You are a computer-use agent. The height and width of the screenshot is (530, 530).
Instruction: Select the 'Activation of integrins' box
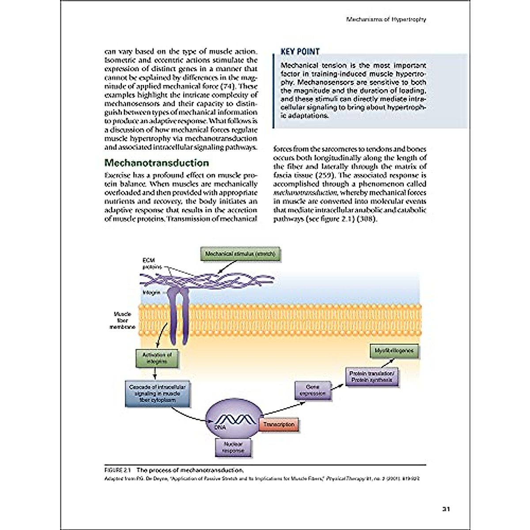tap(157, 358)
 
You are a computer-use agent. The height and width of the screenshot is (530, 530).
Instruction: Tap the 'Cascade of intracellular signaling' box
tap(157, 393)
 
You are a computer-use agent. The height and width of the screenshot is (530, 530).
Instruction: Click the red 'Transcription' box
tap(279, 424)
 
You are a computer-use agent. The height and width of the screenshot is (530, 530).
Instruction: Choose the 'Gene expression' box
tap(312, 390)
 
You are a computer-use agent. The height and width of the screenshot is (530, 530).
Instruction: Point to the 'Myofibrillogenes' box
tap(394, 351)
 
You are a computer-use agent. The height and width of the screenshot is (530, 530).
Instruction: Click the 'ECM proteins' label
tap(149, 264)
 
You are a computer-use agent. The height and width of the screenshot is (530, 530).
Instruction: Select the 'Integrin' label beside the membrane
tap(151, 292)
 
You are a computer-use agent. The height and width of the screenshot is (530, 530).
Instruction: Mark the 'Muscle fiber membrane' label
tap(122, 321)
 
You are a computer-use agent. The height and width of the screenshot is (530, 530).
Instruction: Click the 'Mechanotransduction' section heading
tap(156, 163)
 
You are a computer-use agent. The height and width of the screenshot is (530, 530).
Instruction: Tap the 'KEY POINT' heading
tap(300, 52)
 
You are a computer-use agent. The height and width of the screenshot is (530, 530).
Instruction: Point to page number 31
tap(446, 509)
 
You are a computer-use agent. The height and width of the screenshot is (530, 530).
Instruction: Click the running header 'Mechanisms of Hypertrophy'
tap(386, 19)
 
